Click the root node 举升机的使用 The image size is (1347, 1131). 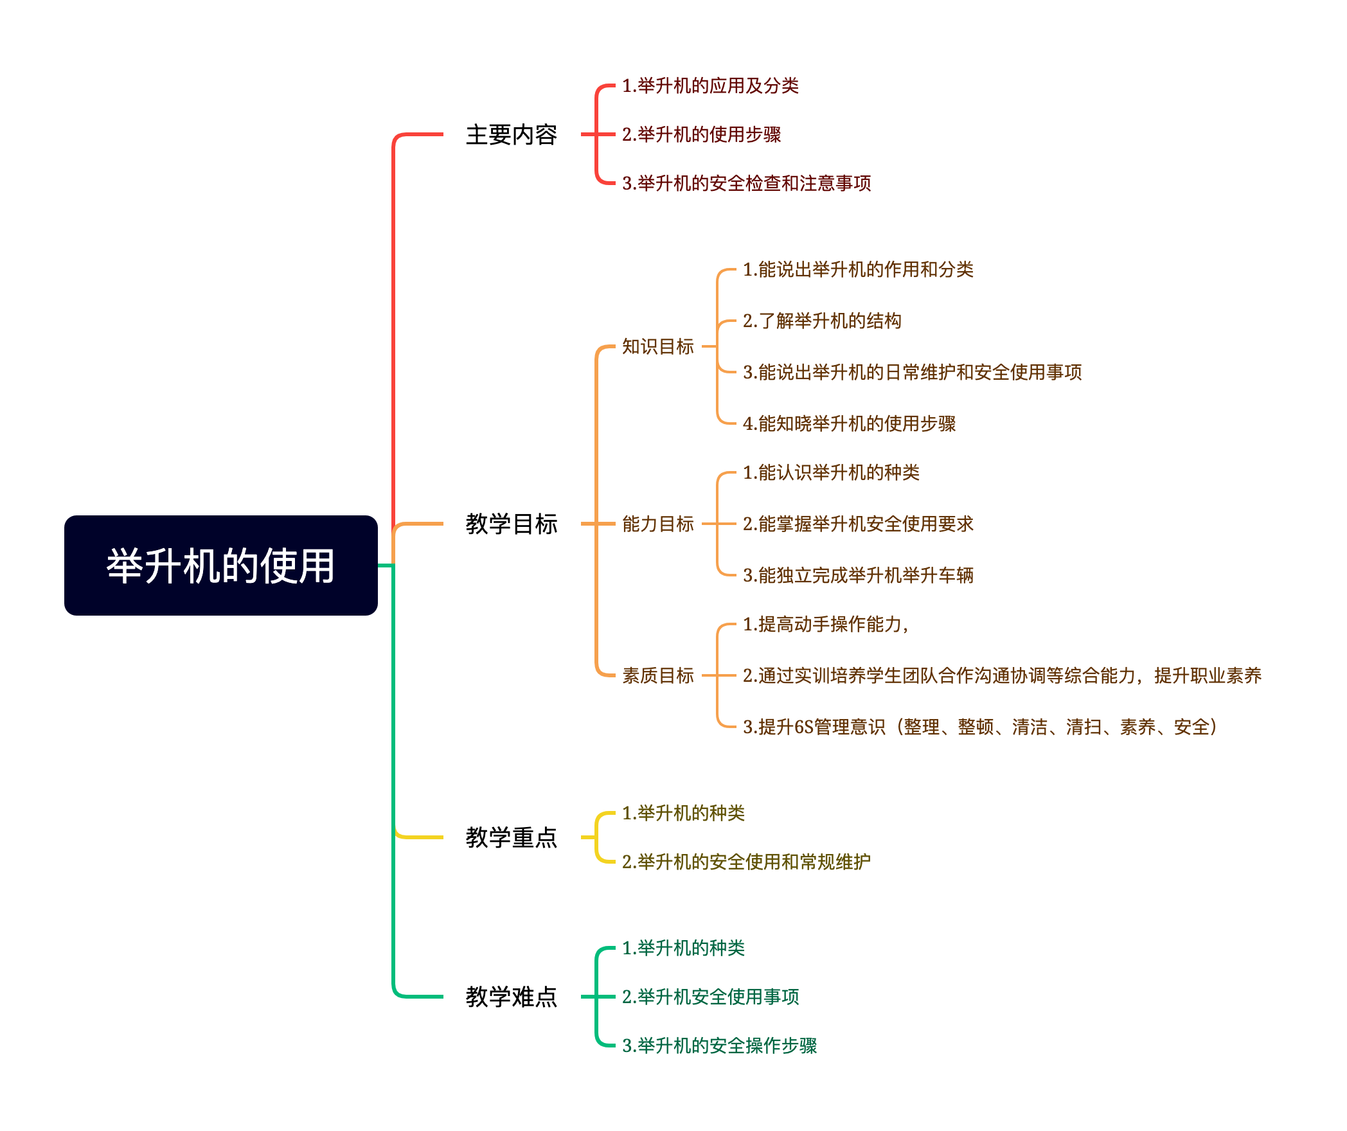click(220, 565)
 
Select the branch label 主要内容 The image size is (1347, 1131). click(511, 135)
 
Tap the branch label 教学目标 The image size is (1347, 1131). click(511, 524)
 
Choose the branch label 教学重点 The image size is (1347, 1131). click(511, 837)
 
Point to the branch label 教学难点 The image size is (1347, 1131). click(511, 997)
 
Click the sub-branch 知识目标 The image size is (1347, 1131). click(657, 346)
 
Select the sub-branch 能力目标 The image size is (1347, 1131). click(657, 524)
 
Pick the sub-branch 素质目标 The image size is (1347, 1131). click(657, 675)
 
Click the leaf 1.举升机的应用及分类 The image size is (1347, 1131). click(710, 85)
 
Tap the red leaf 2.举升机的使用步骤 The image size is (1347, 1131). click(701, 134)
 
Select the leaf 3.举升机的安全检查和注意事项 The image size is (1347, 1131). click(746, 183)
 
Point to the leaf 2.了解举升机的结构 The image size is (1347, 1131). click(822, 321)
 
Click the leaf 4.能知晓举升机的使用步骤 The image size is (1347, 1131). click(849, 423)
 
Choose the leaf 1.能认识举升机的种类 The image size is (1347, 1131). click(831, 472)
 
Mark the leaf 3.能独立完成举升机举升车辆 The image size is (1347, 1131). click(858, 575)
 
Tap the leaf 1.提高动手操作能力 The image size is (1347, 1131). click(825, 624)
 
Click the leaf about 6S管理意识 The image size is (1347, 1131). click(979, 727)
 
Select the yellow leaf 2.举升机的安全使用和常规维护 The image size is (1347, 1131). click(746, 862)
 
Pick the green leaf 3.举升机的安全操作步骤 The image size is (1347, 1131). click(719, 1046)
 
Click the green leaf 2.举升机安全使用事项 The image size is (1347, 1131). click(710, 997)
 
